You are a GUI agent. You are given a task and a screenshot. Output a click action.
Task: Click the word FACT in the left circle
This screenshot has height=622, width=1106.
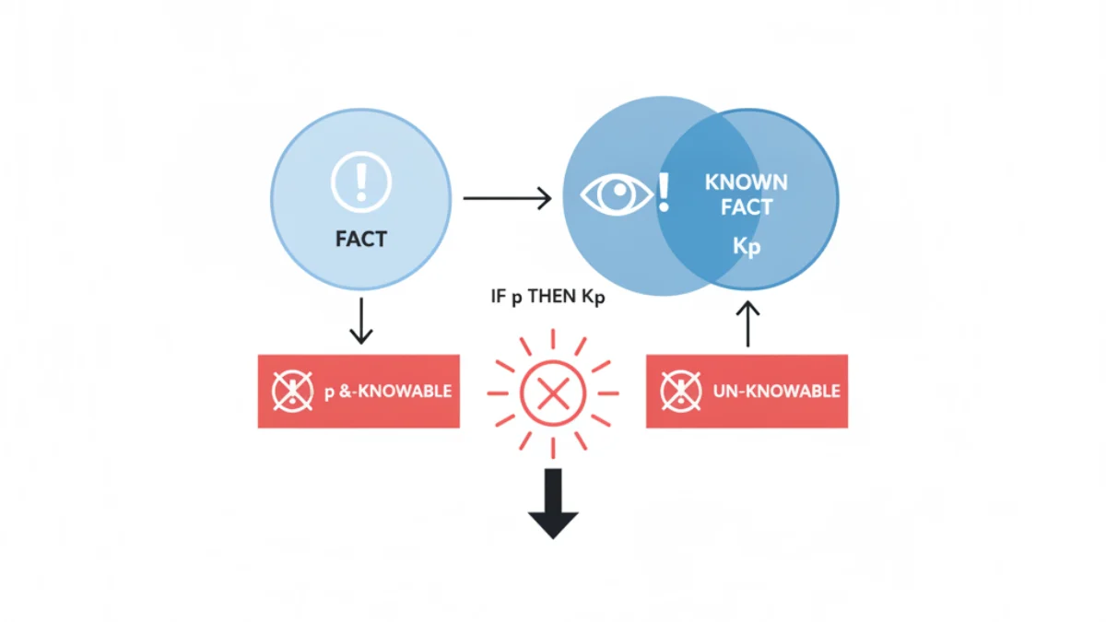(x=361, y=239)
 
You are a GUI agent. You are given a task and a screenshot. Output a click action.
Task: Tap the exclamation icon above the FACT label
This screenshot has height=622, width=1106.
(x=361, y=182)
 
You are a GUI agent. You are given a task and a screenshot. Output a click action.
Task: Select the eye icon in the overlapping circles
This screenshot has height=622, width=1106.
(x=617, y=195)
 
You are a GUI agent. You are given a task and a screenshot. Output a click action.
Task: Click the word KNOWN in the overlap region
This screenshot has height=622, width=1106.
(x=746, y=182)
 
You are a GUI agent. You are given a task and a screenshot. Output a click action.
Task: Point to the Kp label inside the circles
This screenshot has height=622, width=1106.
(x=746, y=246)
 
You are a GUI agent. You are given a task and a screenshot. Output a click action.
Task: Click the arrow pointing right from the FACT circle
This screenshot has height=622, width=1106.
(x=507, y=198)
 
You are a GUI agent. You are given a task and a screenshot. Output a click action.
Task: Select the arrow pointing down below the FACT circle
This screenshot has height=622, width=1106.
(x=361, y=321)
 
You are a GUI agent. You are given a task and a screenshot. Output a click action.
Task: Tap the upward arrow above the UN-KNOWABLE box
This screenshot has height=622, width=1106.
(x=748, y=323)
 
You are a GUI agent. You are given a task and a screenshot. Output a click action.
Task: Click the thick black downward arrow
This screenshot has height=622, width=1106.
(x=553, y=503)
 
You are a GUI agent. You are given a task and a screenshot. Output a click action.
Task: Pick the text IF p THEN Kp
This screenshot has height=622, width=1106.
(x=547, y=297)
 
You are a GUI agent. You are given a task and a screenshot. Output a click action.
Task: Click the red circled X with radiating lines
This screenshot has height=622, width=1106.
(x=553, y=393)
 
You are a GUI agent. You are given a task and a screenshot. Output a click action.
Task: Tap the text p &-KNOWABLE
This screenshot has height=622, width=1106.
(x=388, y=392)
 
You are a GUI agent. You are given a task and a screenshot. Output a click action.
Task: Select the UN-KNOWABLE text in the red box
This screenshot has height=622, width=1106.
(x=777, y=392)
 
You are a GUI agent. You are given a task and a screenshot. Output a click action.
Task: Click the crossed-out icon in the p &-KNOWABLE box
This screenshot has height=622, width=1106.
(x=292, y=391)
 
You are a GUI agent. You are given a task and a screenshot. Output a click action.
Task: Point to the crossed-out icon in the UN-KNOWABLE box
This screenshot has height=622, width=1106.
(x=681, y=391)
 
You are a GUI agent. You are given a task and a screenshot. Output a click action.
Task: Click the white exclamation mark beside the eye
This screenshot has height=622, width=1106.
(x=665, y=193)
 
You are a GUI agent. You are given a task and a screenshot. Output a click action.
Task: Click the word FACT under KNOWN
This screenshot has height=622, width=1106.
(x=746, y=207)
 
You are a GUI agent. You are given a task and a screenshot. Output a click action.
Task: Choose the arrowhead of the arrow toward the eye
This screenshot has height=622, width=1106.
(x=545, y=198)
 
